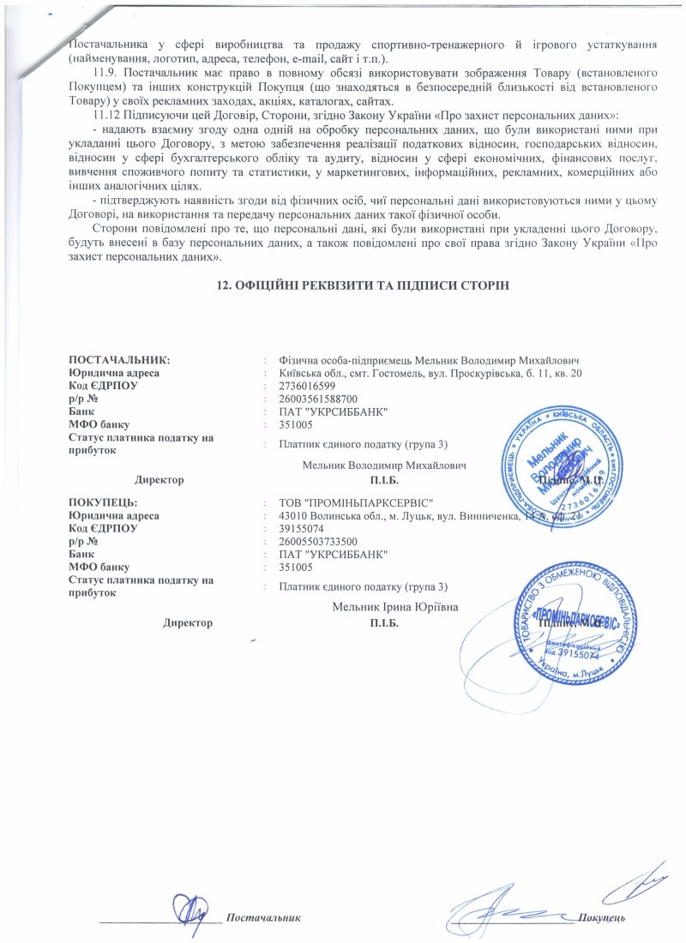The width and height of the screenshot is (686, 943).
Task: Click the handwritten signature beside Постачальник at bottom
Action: [190, 907]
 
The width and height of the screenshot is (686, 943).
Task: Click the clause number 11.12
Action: [107, 115]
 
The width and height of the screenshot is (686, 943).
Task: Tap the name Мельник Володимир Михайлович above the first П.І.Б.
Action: [383, 466]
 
